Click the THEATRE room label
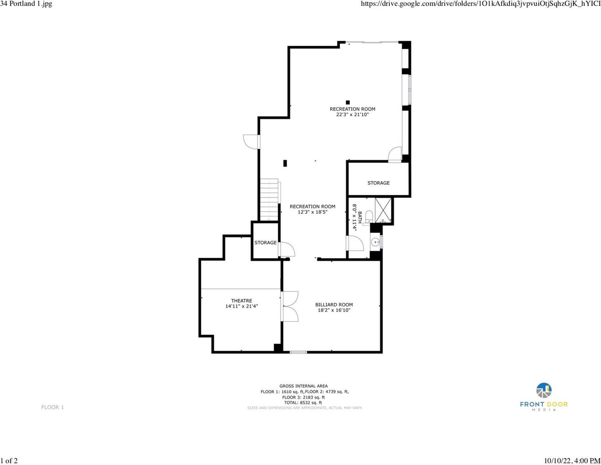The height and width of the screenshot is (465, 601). point(241,301)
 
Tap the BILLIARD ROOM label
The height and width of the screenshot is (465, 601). point(334,305)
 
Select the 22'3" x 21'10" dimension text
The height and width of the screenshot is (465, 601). point(352,115)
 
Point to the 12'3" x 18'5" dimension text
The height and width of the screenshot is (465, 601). point(312,212)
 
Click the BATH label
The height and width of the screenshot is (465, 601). point(360,217)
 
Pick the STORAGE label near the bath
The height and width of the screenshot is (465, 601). point(378,183)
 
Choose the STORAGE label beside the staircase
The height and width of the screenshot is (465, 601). point(265,243)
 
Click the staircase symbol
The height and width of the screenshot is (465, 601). point(269,200)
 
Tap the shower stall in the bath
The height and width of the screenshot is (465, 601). point(383,210)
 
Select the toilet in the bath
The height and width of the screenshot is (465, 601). point(369,215)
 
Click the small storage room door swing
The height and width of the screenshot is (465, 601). point(287,250)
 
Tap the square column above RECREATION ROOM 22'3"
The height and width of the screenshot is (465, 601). point(348,102)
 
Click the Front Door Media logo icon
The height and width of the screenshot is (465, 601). point(544,391)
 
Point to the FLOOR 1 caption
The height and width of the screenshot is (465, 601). point(53,407)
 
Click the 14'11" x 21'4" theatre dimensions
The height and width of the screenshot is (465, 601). point(241,306)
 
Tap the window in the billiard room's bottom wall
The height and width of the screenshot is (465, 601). point(298,352)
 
